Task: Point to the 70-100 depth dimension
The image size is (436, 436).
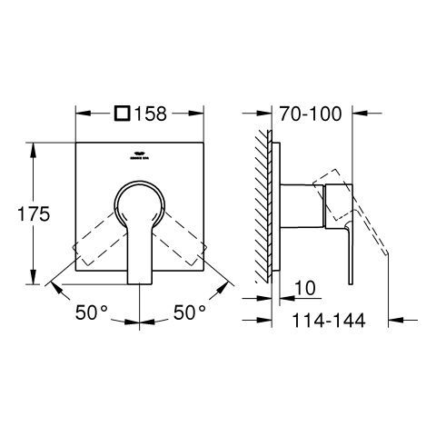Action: click(312, 114)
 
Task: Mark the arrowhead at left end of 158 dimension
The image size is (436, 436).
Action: click(79, 114)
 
